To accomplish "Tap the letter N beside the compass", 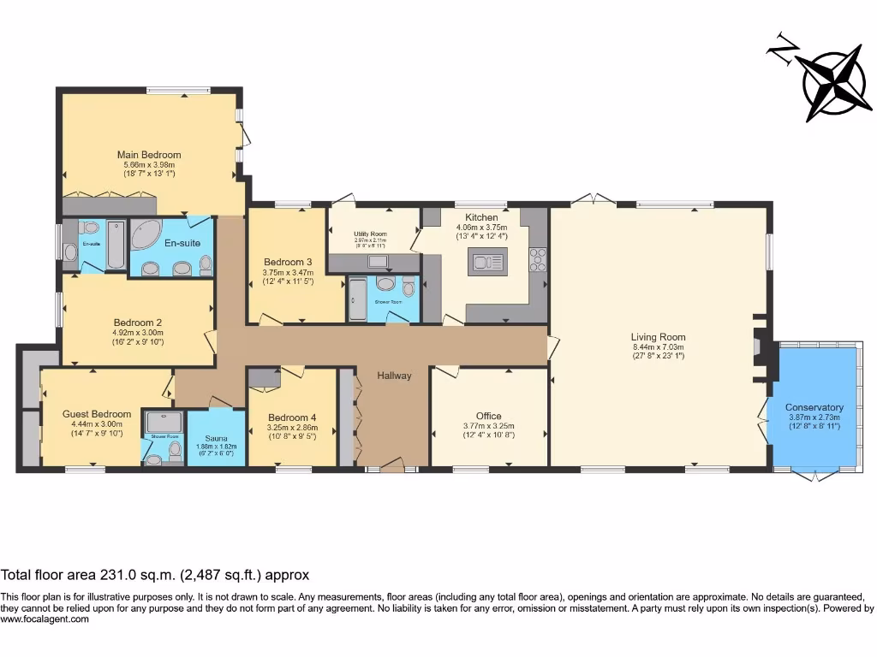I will coord(781,50).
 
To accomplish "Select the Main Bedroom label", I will coord(149,155).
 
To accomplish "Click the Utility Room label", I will coord(371,234).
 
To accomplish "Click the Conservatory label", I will coord(814,407).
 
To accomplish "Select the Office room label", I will coord(488,416).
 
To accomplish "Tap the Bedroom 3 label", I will coord(288,262).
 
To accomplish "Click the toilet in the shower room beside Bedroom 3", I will coord(387,285).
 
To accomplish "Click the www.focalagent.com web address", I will coord(45,619).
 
